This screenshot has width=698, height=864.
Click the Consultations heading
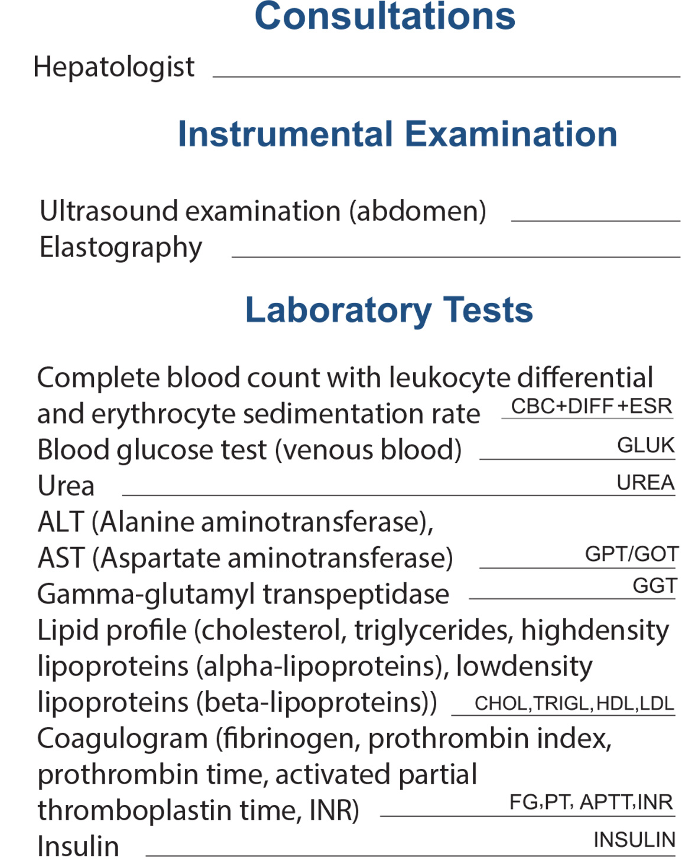385,17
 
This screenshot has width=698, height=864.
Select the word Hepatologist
113,67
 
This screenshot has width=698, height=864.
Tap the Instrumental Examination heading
397,134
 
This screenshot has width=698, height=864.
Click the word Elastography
121,247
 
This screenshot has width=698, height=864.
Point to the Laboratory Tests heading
389,310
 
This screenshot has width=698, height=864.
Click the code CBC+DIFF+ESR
591,406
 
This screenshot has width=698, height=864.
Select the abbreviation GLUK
645,445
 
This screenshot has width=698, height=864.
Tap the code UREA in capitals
645,482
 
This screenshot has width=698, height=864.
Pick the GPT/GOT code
631,554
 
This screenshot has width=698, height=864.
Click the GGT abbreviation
654,586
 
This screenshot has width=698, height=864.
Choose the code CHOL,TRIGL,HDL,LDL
574,703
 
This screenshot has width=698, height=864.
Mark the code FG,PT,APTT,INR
590,802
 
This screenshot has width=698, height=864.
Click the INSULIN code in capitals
634,840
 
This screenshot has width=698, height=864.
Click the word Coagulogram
122,739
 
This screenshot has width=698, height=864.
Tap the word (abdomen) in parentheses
417,211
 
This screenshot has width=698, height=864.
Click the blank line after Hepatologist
446,76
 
